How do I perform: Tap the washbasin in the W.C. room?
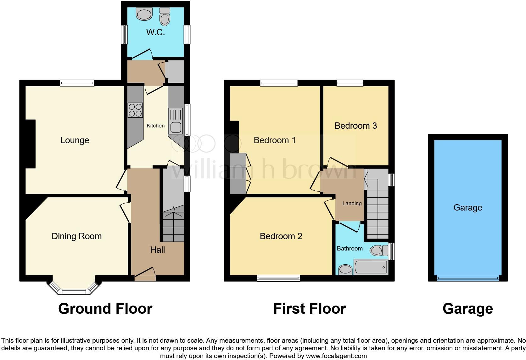pyautogui.click(x=144, y=14)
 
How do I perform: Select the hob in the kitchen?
pyautogui.click(x=135, y=110)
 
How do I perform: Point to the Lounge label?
pyautogui.click(x=75, y=140)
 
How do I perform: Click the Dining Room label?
pyautogui.click(x=76, y=236)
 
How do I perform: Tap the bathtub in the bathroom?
pyautogui.click(x=371, y=267)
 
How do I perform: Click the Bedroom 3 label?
pyautogui.click(x=355, y=126)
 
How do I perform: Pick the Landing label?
pyautogui.click(x=352, y=204)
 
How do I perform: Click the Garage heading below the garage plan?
pyautogui.click(x=467, y=309)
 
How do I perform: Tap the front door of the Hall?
pyautogui.click(x=145, y=278)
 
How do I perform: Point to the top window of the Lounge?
pyautogui.click(x=77, y=83)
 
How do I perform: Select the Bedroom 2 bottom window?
pyautogui.click(x=278, y=278)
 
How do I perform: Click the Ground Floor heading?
pyautogui.click(x=105, y=309)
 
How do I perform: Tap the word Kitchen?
pyautogui.click(x=155, y=126)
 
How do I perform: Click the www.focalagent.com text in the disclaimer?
pyautogui.click(x=336, y=356)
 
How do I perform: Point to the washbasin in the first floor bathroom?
pyautogui.click(x=345, y=270)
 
